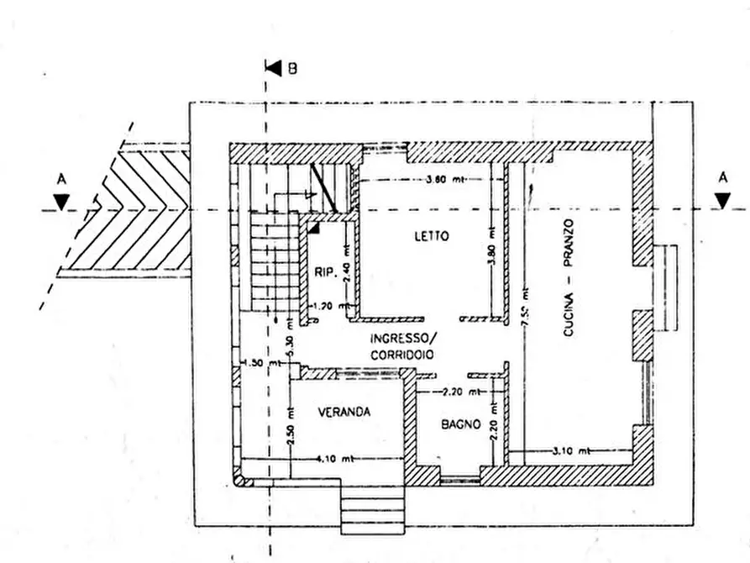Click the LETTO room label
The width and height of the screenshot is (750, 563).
click(x=431, y=236)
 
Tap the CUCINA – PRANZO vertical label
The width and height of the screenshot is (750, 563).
click(x=569, y=277)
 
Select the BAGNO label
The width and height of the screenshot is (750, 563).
click(x=460, y=425)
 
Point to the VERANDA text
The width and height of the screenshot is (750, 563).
click(x=344, y=413)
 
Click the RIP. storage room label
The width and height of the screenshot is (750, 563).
click(x=326, y=272)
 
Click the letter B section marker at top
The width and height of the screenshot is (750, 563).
click(x=291, y=68)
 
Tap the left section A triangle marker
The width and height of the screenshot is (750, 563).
click(x=60, y=200)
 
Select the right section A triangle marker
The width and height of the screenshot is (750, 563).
click(x=721, y=200)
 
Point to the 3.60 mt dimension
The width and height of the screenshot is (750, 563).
click(x=445, y=180)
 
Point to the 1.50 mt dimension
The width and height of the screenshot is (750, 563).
click(x=252, y=362)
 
